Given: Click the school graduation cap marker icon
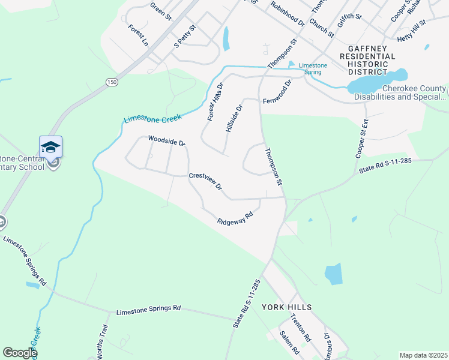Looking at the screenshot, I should [51, 147].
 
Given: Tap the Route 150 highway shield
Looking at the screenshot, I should [110, 82].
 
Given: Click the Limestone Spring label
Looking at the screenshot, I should [312, 68].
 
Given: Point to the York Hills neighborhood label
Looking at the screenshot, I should [287, 307].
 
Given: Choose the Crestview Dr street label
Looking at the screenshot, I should [205, 182].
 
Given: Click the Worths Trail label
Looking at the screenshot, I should [101, 338].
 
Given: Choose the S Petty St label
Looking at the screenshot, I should [185, 37].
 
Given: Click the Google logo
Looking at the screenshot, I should [19, 353].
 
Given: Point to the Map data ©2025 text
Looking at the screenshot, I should [423, 355].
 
